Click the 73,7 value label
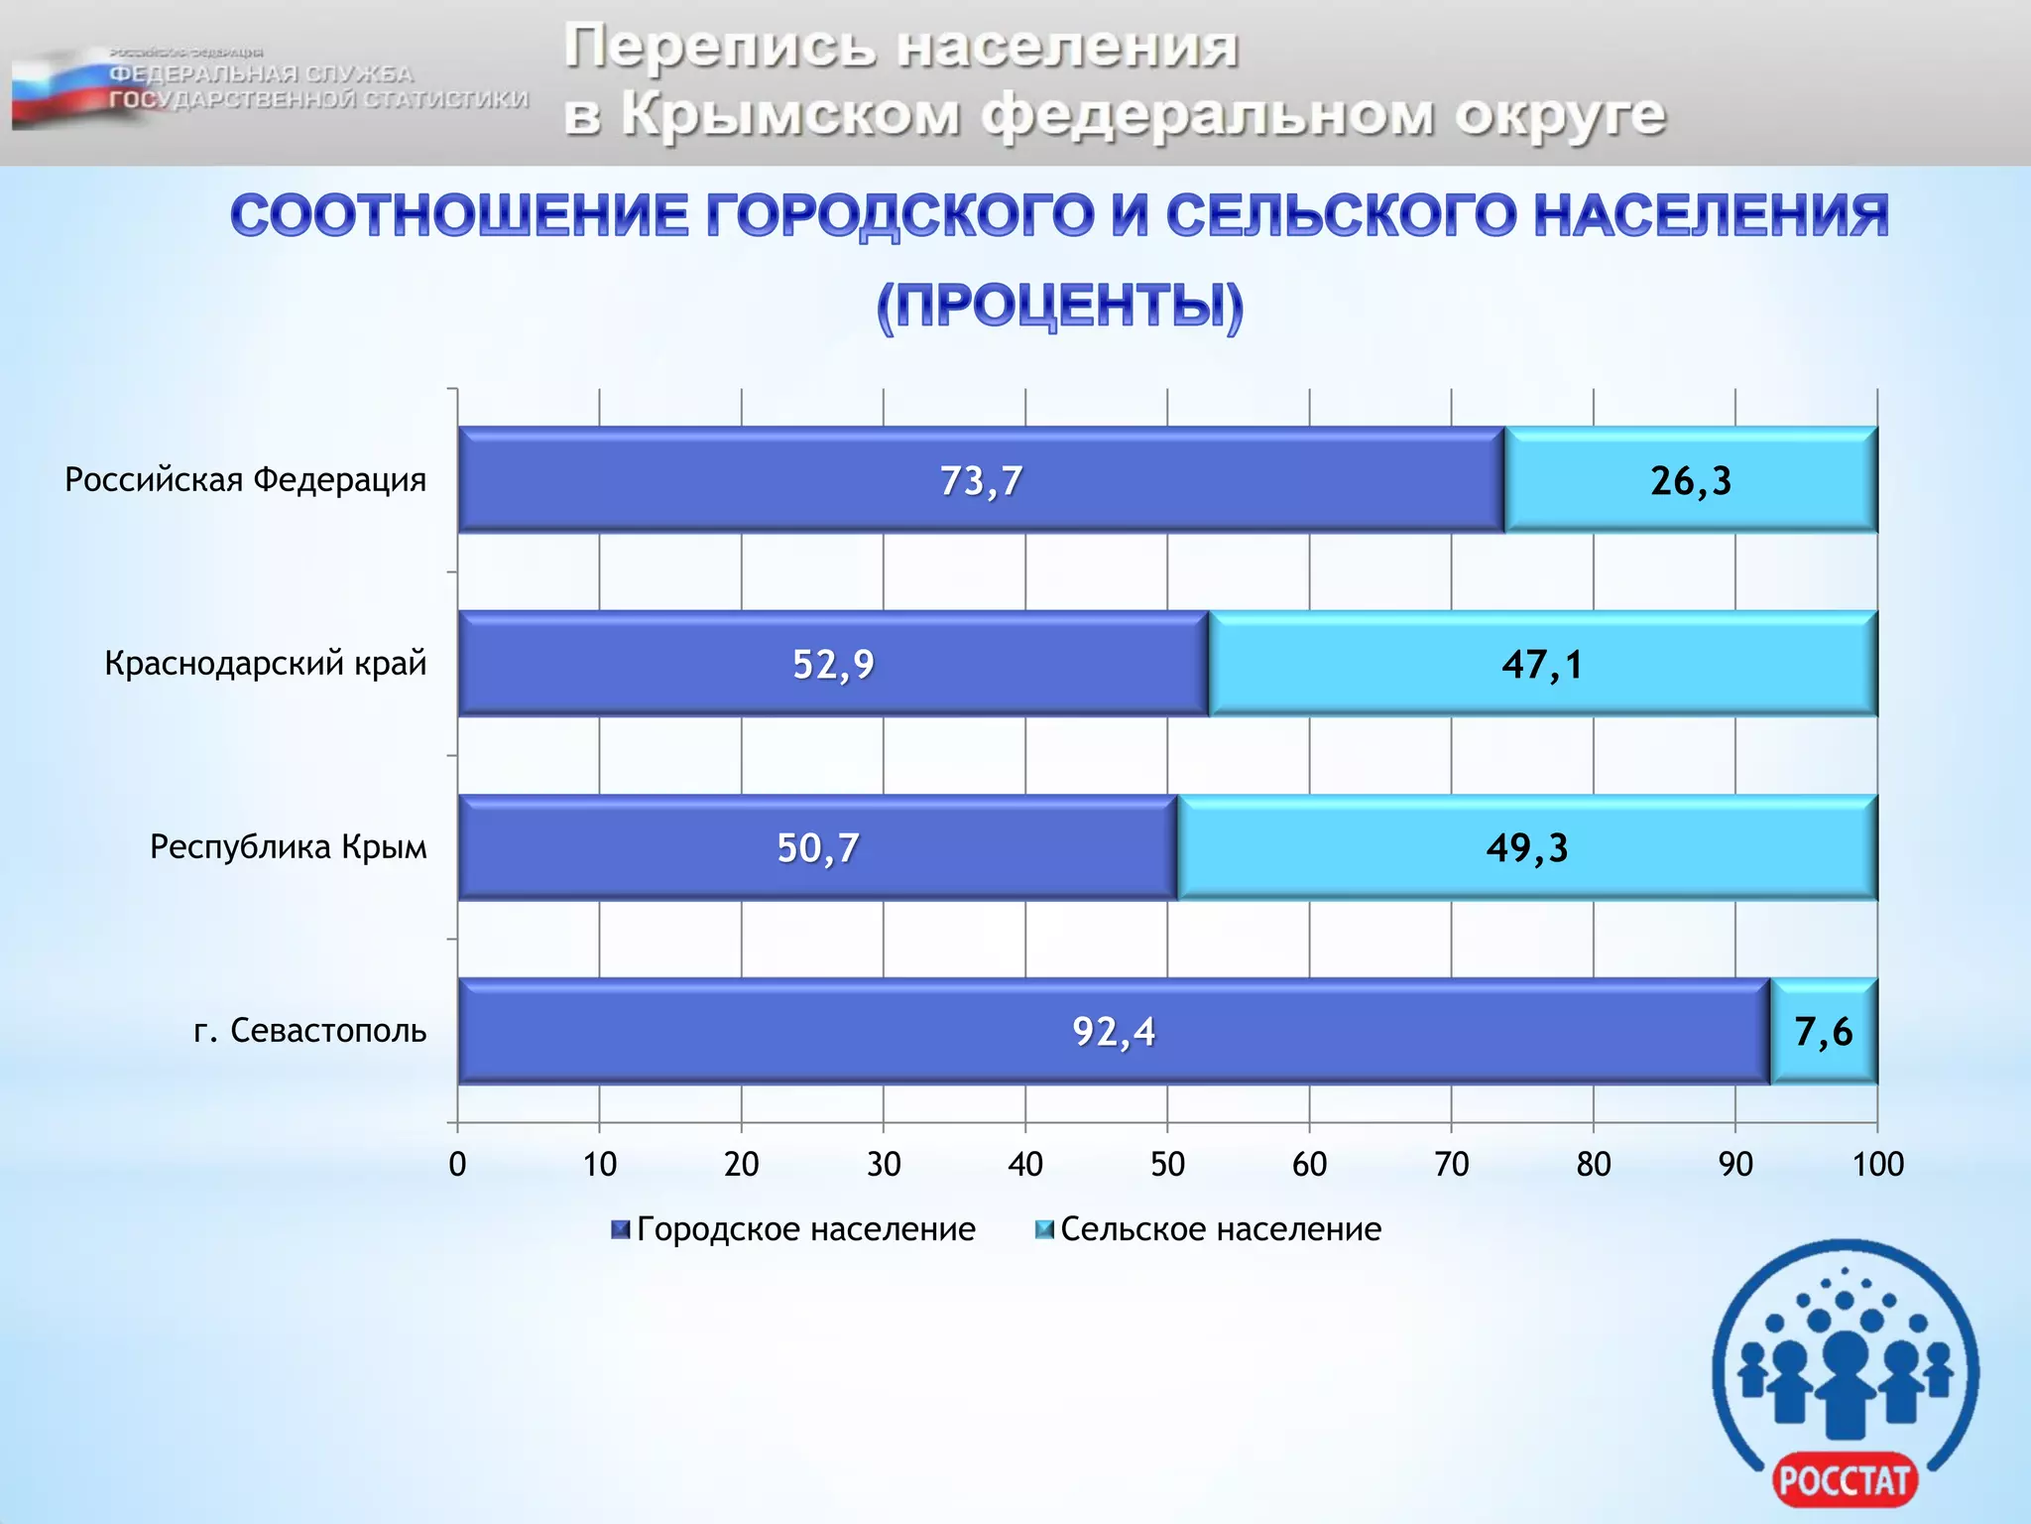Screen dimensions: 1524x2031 pos(981,481)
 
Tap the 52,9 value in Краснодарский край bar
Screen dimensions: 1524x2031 pos(833,665)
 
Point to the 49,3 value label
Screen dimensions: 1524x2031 pos(1527,848)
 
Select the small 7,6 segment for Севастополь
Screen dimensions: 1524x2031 pos(1823,1032)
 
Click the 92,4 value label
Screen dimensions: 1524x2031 pos(1114,1032)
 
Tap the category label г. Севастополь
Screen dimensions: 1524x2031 pos(310,1031)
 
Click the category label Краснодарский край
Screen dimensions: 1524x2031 pos(266,663)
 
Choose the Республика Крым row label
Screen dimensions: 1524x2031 pos(289,847)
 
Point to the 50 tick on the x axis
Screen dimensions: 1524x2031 pos(1167,1164)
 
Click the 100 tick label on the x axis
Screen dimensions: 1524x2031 pos(1877,1164)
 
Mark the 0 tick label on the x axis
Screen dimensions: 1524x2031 pos(457,1164)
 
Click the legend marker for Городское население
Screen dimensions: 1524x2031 pos(621,1230)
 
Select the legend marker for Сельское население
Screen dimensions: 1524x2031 pos(1044,1230)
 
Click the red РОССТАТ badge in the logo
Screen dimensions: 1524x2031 pos(1845,1481)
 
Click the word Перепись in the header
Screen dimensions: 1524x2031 pos(719,47)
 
